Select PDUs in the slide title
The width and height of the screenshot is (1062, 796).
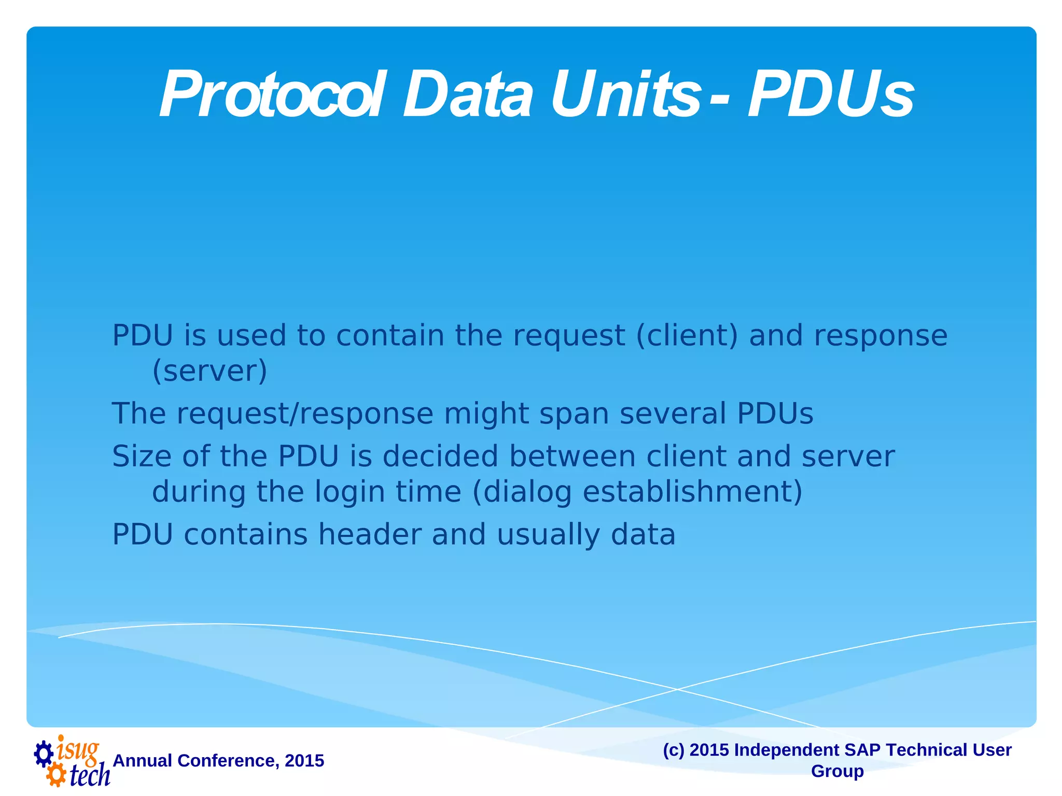[830, 96]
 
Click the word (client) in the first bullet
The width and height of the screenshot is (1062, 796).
[687, 336]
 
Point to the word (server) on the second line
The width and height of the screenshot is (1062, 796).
[209, 371]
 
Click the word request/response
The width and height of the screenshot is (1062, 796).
[305, 414]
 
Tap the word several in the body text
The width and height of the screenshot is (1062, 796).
[673, 414]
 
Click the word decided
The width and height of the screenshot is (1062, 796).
[440, 457]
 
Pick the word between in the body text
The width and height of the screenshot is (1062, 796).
[572, 457]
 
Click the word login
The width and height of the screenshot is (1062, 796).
[350, 492]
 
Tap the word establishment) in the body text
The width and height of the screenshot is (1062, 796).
[692, 491]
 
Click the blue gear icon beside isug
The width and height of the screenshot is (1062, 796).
[44, 754]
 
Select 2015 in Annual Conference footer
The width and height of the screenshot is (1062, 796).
[304, 761]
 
